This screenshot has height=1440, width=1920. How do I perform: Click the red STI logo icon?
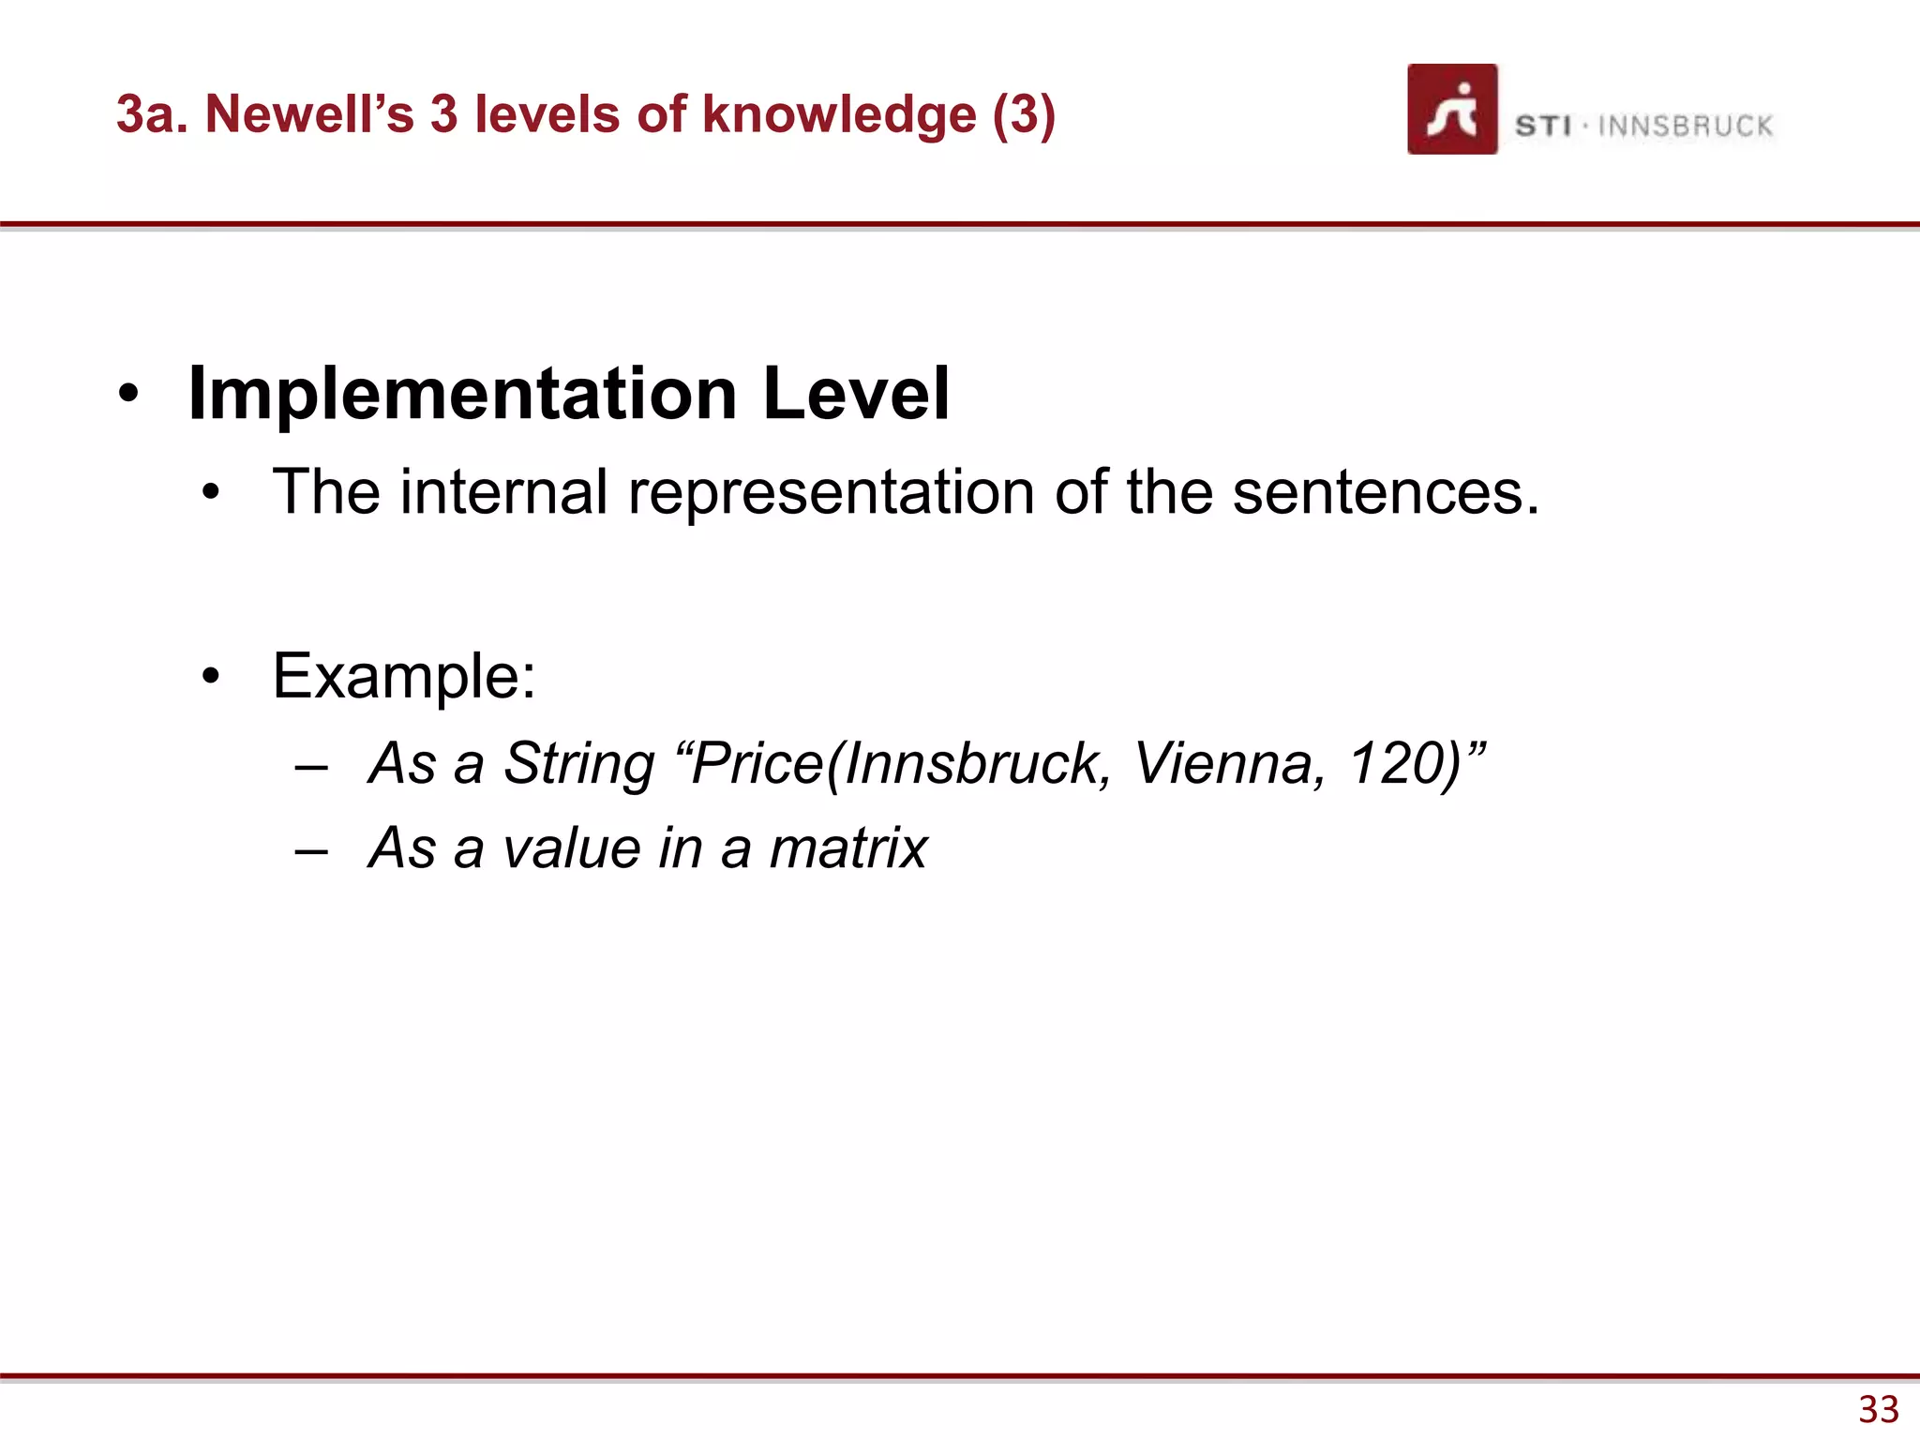[x=1451, y=109]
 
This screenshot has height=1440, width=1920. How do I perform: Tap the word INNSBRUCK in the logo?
[x=1685, y=126]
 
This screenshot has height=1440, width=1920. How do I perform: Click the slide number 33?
[x=1878, y=1409]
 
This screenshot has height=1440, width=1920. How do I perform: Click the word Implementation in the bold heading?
[x=463, y=394]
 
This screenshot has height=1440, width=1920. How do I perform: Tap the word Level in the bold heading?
[x=856, y=394]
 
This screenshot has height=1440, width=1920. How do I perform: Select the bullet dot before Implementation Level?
[x=129, y=394]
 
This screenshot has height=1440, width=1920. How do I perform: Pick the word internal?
[x=504, y=492]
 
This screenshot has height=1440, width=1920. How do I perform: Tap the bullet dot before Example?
[x=211, y=676]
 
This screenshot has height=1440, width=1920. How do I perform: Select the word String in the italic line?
[x=578, y=763]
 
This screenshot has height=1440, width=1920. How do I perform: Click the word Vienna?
[x=1228, y=763]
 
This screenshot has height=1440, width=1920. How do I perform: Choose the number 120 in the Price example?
[x=1393, y=763]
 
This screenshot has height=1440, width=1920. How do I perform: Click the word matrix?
[x=847, y=848]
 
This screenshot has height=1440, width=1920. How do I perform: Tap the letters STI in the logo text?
[x=1542, y=126]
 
